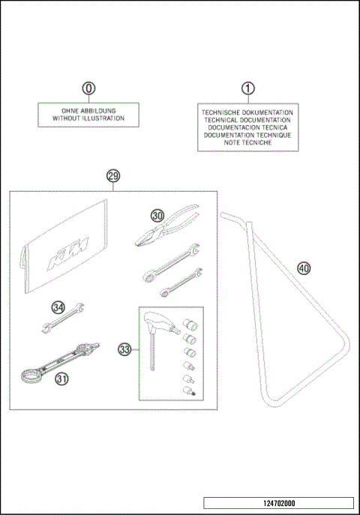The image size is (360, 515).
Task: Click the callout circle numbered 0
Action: pyautogui.click(x=89, y=88)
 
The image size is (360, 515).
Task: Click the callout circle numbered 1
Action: pyautogui.click(x=247, y=88)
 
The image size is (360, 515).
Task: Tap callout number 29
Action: pyautogui.click(x=113, y=176)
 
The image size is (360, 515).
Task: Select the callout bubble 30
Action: pyautogui.click(x=157, y=214)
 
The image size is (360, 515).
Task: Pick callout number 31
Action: pyautogui.click(x=61, y=379)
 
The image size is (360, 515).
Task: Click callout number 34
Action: pyautogui.click(x=58, y=306)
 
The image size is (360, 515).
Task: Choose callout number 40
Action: pyautogui.click(x=303, y=268)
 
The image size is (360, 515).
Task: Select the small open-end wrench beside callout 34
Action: pyautogui.click(x=61, y=319)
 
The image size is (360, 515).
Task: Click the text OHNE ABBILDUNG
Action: pyautogui.click(x=88, y=110)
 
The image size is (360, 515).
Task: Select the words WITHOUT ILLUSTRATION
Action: pyautogui.click(x=88, y=118)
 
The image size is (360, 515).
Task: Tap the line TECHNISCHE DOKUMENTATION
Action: pyautogui.click(x=247, y=112)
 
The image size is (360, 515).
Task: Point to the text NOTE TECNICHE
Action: pyautogui.click(x=247, y=142)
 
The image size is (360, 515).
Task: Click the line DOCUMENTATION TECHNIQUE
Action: pyautogui.click(x=247, y=135)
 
